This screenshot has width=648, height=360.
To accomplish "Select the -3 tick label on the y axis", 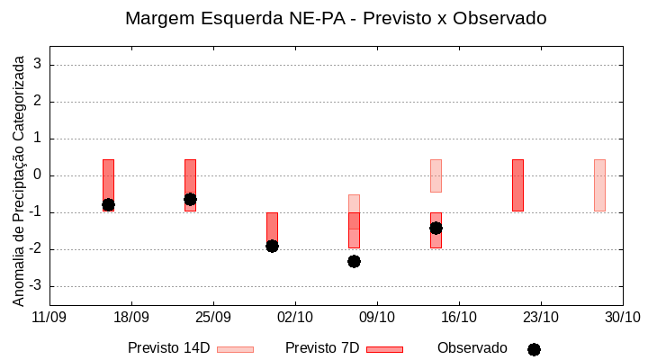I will pyautogui.click(x=35, y=286).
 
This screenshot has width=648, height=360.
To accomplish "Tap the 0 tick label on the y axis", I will pyautogui.click(x=38, y=175).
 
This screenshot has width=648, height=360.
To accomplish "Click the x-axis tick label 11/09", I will pyautogui.click(x=49, y=317).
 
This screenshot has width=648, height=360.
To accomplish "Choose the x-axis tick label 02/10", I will pyautogui.click(x=295, y=317).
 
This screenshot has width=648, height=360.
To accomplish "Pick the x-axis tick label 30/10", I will pyautogui.click(x=622, y=317).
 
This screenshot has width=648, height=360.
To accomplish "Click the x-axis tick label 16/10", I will pyautogui.click(x=459, y=317).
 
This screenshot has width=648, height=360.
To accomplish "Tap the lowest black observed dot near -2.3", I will pyautogui.click(x=354, y=261).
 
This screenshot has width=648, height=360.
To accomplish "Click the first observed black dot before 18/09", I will pyautogui.click(x=108, y=205).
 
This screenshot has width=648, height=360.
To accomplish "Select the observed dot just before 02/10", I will pyautogui.click(x=272, y=246).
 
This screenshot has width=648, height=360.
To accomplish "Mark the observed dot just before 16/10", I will pyautogui.click(x=436, y=228).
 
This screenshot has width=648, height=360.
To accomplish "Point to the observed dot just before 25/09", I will pyautogui.click(x=190, y=199).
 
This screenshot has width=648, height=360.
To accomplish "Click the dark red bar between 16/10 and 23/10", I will pyautogui.click(x=517, y=184).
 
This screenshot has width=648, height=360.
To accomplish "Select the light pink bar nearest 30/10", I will pyautogui.click(x=599, y=184).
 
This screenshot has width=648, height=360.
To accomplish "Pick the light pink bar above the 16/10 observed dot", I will pyautogui.click(x=436, y=175).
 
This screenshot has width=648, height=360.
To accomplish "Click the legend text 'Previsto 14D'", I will pyautogui.click(x=168, y=348).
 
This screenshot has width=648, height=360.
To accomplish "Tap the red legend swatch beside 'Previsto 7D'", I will pyautogui.click(x=384, y=349).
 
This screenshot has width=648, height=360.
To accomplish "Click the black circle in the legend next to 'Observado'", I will pyautogui.click(x=534, y=349).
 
